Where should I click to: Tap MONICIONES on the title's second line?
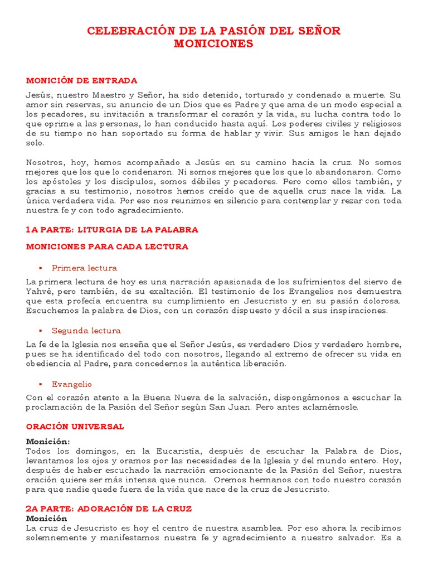coord(213,43)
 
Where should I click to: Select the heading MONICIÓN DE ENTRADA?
coord(81,81)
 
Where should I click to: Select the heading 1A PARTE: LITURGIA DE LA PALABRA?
coord(112,230)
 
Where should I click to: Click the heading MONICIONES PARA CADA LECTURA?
coord(107,246)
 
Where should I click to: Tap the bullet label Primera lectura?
coord(84,268)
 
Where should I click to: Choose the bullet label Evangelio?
coord(72,384)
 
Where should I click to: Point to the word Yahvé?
coord(39,291)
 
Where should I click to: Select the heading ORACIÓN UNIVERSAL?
coord(75,427)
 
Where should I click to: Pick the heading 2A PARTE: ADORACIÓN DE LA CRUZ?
coord(109,509)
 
